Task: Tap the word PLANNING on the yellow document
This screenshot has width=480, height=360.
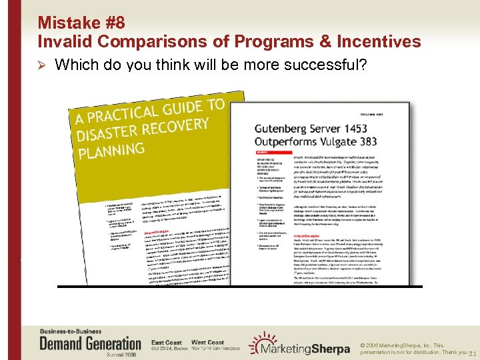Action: [111, 150]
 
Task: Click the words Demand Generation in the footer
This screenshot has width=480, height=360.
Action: [90, 344]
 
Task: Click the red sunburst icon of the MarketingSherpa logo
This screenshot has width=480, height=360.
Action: [258, 343]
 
